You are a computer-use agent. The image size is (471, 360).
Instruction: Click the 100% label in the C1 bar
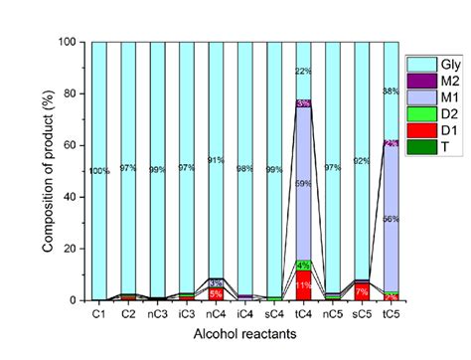100,171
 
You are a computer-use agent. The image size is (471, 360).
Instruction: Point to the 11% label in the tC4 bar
275,285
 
